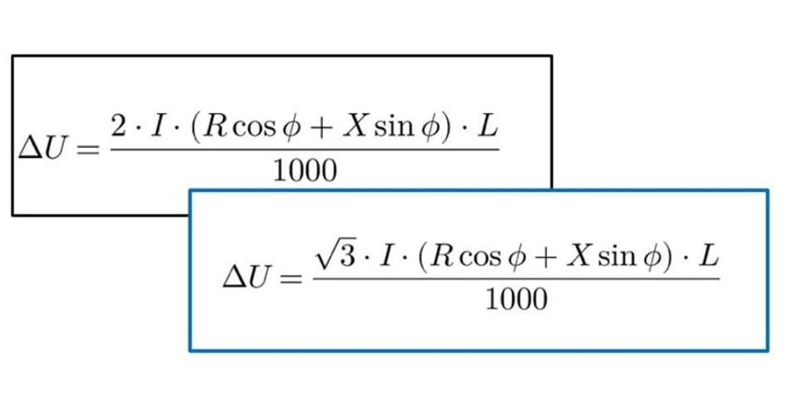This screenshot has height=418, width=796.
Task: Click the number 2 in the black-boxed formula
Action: [x=118, y=126]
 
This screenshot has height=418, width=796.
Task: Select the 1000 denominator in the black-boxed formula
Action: [x=305, y=171]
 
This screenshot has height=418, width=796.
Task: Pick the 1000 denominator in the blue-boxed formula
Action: [x=516, y=299]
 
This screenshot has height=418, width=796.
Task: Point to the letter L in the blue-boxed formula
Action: [x=709, y=255]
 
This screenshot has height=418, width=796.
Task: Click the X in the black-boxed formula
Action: [x=355, y=126]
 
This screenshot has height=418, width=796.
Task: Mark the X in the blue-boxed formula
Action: [x=578, y=255]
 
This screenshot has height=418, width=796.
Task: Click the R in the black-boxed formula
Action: [x=216, y=126]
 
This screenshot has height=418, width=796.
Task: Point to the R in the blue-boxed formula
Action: [x=442, y=255]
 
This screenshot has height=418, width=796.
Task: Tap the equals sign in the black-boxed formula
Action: [x=88, y=149]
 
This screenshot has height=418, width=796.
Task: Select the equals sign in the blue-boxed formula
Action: [x=291, y=279]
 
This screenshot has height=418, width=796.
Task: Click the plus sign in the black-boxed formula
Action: [x=321, y=127]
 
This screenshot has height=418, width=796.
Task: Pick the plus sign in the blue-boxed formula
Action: [x=545, y=257]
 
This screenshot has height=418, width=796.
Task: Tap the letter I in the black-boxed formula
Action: [x=158, y=126]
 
